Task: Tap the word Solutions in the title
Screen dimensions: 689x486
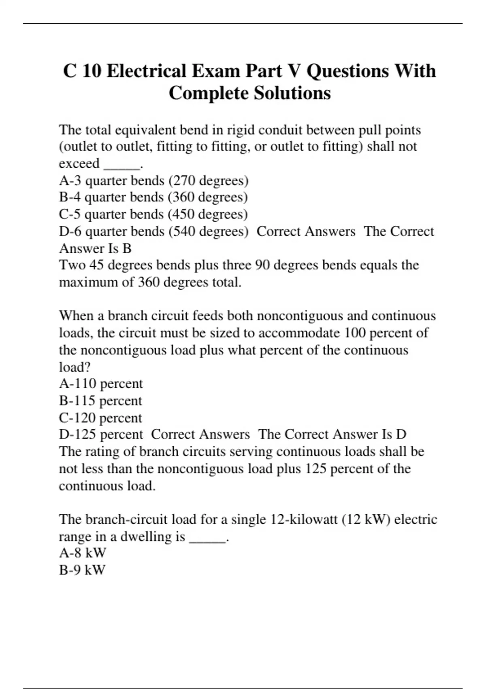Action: tap(292, 93)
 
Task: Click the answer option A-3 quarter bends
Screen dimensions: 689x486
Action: tap(112, 180)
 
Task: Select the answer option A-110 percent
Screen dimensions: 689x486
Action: tap(101, 384)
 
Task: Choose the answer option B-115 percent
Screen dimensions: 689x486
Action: tap(100, 401)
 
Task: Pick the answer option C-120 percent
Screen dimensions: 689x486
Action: tap(100, 418)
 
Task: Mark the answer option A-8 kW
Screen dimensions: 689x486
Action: tap(82, 553)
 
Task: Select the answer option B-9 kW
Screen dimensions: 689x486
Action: tap(82, 570)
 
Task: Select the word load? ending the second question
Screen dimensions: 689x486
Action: tap(75, 367)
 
